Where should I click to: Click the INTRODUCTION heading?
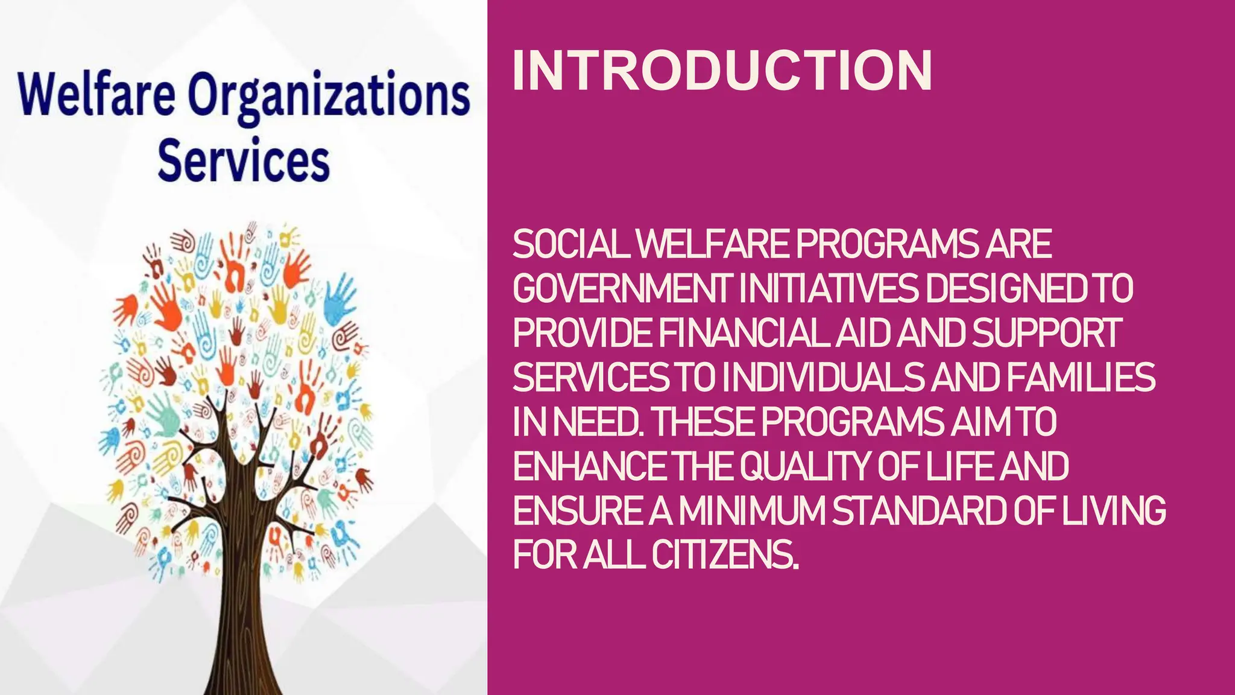coord(722,71)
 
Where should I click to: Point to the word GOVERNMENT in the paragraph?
coord(623,289)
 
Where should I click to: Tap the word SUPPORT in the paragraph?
coord(1047,333)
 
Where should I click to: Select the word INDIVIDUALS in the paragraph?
coord(823,378)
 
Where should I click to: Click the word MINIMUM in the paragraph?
coord(751,511)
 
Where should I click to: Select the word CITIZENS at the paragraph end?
coord(725,555)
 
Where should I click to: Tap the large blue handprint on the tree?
coord(341,299)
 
